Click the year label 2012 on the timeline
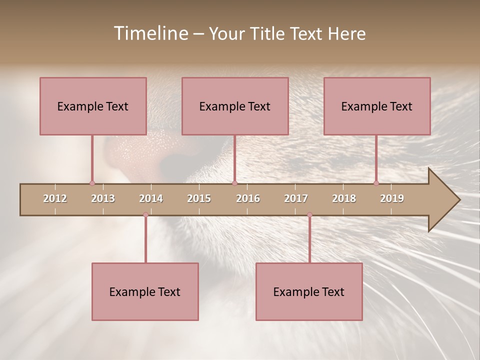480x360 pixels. pos(55,198)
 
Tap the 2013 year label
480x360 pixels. pos(103,198)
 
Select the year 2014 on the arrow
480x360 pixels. pos(151,198)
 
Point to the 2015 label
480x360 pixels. pos(199,198)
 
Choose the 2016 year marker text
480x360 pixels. pos(248,198)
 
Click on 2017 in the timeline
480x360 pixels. pos(296,198)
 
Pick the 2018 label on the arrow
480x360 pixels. pos(344,198)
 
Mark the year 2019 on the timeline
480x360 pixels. pos(392,198)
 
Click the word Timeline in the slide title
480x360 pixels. pos(150,33)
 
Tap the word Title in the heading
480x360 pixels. pos(270,33)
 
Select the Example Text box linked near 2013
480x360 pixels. pos(93,106)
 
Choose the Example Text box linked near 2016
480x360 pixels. pos(235,106)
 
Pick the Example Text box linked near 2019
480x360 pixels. pos(377,106)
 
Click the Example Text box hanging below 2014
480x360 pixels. pos(145,291)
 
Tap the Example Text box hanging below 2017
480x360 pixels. pos(309,291)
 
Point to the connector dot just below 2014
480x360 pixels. pos(145,214)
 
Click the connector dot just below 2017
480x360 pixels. pos(309,214)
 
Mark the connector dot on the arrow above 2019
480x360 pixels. pos(376,183)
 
